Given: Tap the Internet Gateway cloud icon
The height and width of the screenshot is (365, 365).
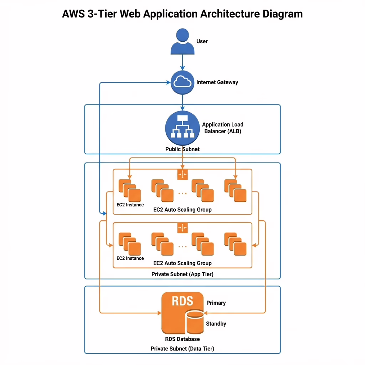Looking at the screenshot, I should (182, 82).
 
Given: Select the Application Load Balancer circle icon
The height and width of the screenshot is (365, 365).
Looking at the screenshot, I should (182, 128).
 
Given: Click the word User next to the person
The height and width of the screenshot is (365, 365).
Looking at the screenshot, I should (202, 41).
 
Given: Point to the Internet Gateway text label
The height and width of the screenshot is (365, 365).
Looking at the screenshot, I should (217, 82).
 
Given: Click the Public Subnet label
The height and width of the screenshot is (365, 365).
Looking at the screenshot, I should (182, 149).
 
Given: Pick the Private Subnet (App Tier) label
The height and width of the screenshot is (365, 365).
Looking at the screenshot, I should (182, 274).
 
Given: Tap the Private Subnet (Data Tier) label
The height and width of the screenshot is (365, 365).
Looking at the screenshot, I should (182, 349).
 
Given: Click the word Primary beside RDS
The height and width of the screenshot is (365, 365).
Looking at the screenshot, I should (216, 303).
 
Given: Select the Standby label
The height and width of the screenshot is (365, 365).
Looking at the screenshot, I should (216, 324).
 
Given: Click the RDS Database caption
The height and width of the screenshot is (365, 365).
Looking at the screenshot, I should (182, 339).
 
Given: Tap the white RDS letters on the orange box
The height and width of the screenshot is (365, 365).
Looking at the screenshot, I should (182, 300).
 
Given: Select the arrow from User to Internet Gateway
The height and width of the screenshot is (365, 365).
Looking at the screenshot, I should (182, 62).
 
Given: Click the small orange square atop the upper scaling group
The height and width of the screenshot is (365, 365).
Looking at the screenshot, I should (182, 174).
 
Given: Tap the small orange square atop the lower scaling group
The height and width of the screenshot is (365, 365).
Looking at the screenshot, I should (182, 228).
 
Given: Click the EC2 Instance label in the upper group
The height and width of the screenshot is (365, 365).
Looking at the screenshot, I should (130, 205).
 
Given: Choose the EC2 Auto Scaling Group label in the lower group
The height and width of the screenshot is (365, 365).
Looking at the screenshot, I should (182, 263).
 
